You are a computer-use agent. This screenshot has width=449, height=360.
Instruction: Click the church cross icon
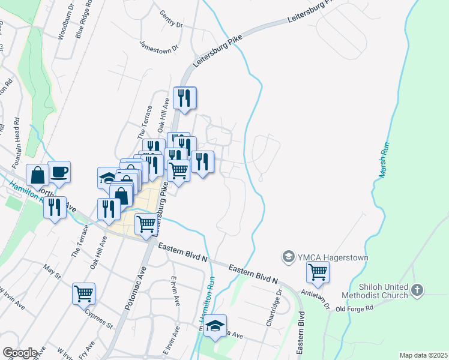coord(417,292)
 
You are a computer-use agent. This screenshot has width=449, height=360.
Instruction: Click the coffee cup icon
coord(59,172)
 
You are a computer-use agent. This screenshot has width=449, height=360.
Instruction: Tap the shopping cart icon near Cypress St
coord(83,293)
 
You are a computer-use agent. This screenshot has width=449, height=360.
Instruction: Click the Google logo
coord(20,352)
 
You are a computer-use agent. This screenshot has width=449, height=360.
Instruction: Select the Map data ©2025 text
coord(423,355)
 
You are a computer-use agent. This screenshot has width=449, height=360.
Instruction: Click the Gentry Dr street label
coord(171,20)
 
